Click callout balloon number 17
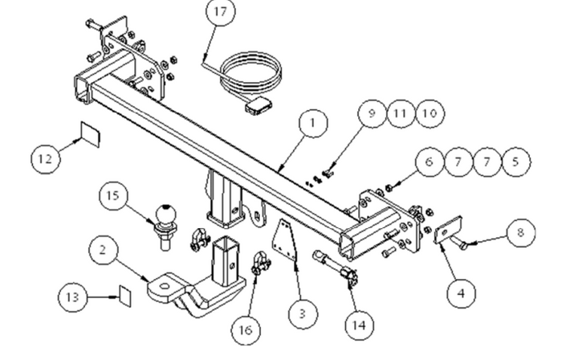coord(219,13)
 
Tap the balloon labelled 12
coord(46,158)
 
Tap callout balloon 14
coord(359,325)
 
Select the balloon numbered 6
coord(430,162)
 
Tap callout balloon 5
coord(516,162)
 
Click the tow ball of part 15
coord(169,212)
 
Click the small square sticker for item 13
coord(123,293)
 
